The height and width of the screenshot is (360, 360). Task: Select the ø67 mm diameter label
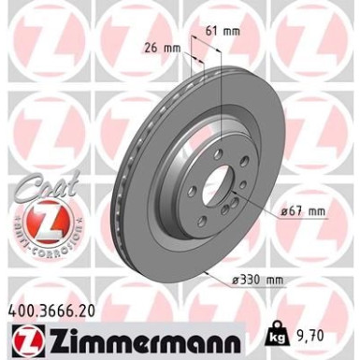302,212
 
